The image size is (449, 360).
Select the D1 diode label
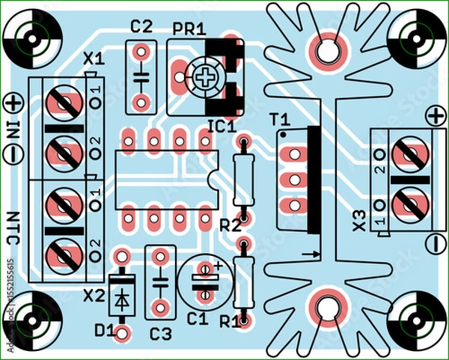105,329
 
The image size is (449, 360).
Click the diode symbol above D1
120,297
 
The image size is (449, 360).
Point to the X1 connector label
94,58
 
